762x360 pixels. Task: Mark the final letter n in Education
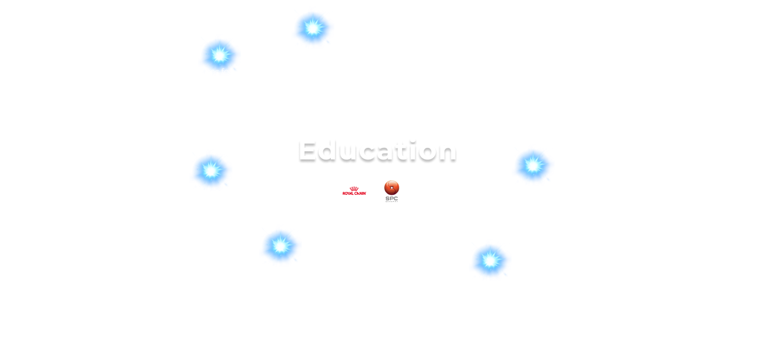pos(447,152)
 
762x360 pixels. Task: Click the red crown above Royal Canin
pos(354,188)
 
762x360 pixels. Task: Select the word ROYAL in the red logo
pos(349,193)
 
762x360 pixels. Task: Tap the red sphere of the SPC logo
pos(392,187)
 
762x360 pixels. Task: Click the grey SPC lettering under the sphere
pos(392,198)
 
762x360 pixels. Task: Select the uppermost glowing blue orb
pos(313,28)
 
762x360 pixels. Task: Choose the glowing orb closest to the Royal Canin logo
pos(280,246)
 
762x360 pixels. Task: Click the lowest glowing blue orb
pos(490,260)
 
